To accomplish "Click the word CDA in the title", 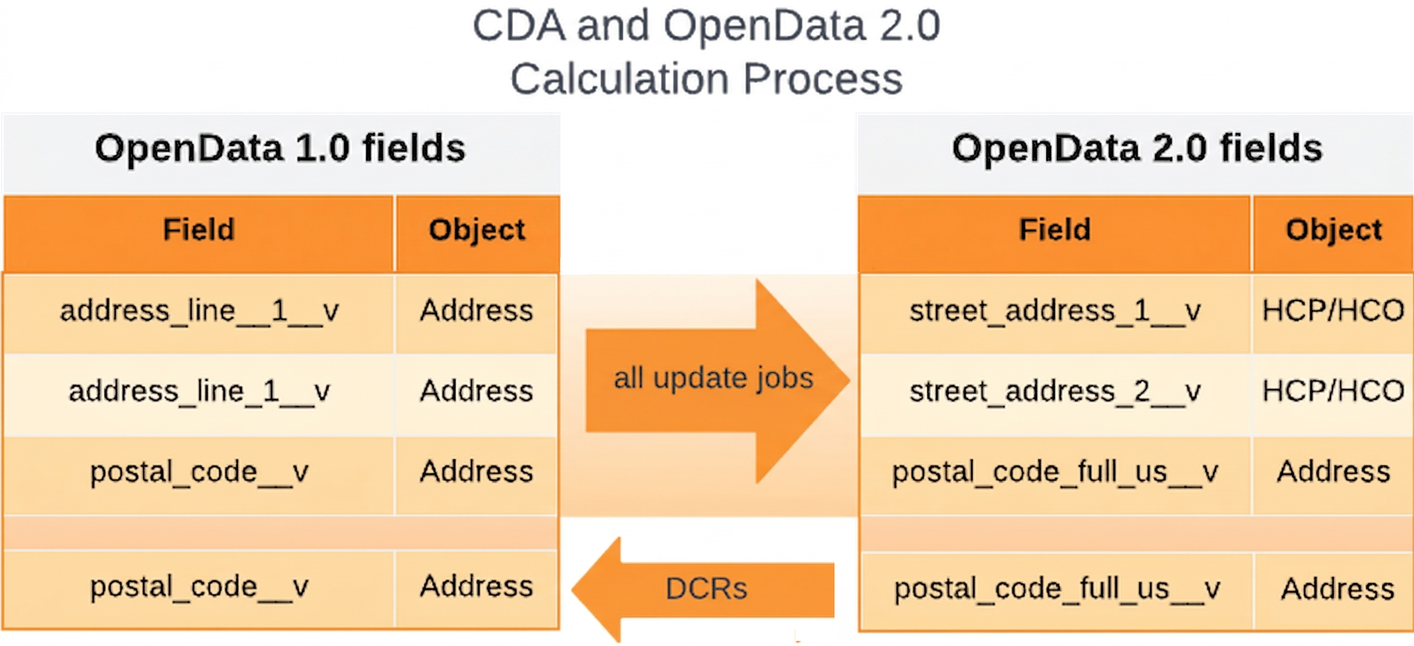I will click(518, 26).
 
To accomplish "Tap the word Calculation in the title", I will click(619, 79).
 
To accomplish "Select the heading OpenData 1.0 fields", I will click(280, 148).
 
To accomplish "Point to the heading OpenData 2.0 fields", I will click(1137, 148).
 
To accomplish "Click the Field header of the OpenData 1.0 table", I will click(199, 230).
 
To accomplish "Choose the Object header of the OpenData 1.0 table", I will click(476, 230).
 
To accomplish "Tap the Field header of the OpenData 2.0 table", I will click(1054, 230).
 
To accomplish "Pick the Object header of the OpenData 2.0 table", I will click(1333, 230).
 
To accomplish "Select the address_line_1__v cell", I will click(199, 391).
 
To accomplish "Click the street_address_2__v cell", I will click(1054, 391).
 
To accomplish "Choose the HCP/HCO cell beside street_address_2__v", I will click(1333, 391).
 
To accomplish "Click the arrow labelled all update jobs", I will click(714, 379).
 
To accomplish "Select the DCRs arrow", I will click(705, 589).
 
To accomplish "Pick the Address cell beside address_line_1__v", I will click(476, 391).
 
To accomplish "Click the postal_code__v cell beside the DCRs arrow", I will click(199, 587).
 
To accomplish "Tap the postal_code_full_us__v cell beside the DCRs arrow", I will click(1057, 589).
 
